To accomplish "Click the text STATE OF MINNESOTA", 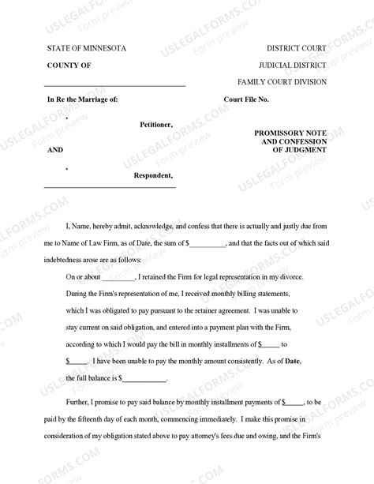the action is (85, 49).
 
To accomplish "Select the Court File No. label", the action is (252, 100).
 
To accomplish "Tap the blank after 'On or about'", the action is (118, 278).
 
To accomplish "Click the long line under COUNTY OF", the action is (114, 84).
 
